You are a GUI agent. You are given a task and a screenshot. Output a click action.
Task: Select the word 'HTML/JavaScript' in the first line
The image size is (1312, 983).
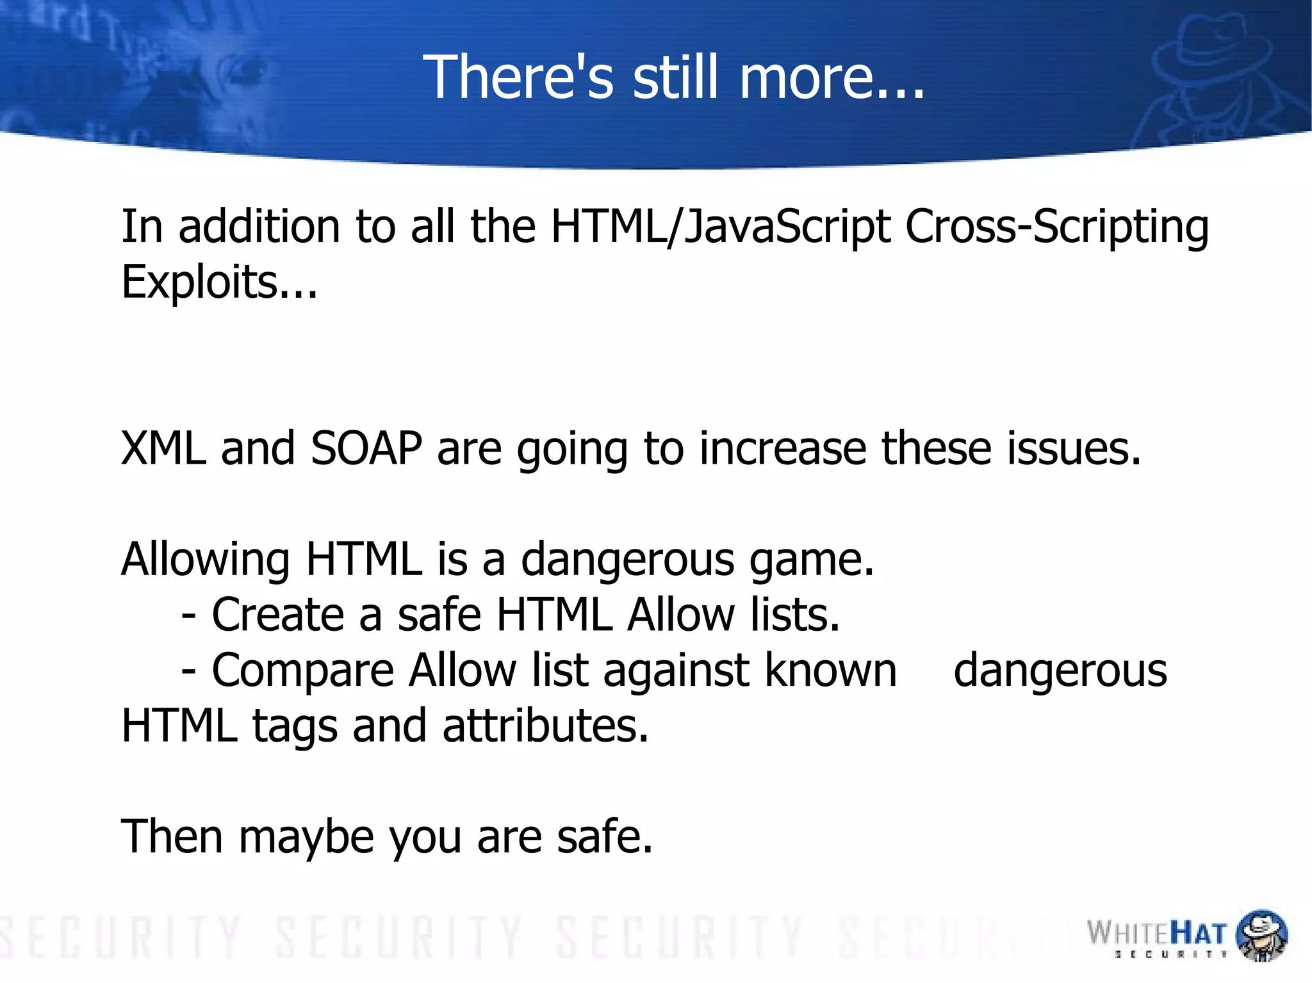pos(720,227)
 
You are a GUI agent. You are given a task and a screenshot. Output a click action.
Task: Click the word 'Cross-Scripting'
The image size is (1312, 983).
pos(1056,227)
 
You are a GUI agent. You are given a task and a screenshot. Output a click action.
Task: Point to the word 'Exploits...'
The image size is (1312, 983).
pos(219,282)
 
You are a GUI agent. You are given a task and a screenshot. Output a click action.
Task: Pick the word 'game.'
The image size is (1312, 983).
pos(812,560)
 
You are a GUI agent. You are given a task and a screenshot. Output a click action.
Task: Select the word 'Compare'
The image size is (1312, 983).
pos(302,671)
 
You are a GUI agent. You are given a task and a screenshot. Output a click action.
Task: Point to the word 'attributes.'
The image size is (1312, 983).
pos(545,726)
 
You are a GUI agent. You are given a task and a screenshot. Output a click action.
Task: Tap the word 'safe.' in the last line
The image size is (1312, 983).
pos(604,837)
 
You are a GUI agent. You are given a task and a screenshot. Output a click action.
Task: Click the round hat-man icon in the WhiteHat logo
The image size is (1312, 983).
pos(1261,935)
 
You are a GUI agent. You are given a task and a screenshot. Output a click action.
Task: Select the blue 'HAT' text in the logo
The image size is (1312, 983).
pos(1198,934)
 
